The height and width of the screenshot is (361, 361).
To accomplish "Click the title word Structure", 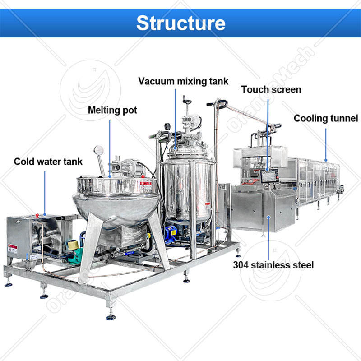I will (x=180, y=22).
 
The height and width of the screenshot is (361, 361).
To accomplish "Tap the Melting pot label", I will (x=112, y=110).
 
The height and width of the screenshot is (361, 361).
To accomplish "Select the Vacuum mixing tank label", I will (x=183, y=82).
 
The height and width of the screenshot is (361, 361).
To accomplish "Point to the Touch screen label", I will (x=271, y=89).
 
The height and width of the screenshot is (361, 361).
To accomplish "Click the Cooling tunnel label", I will (x=326, y=118).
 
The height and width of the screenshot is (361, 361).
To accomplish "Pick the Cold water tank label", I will (x=48, y=161).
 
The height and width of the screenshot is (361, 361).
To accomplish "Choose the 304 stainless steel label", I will (x=273, y=264).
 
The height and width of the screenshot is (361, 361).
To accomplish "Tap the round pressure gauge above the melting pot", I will (x=98, y=150).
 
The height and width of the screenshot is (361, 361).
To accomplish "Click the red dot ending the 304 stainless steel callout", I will (x=269, y=217).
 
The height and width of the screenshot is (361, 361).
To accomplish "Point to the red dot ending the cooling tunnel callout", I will (x=326, y=160).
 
